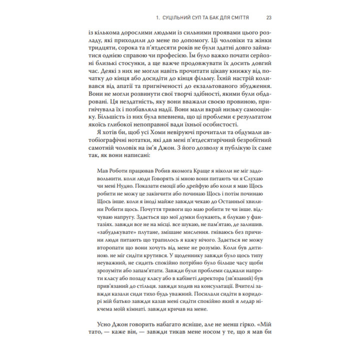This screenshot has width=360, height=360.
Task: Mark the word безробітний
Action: pyautogui.click(x=238, y=153)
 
